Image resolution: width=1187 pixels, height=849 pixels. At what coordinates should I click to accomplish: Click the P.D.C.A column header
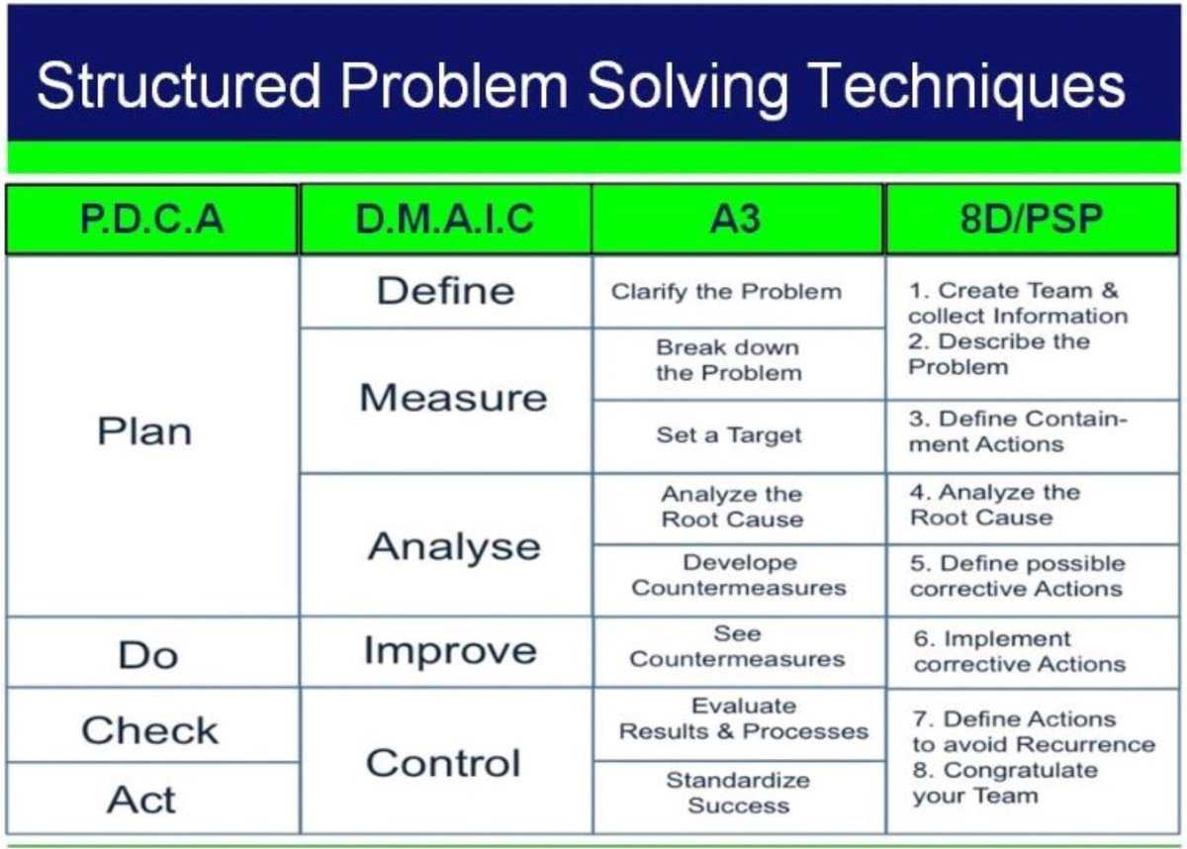coord(151,219)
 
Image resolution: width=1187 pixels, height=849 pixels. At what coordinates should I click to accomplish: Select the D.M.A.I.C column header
coord(445,219)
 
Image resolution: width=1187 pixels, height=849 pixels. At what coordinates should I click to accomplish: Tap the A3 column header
coord(737,219)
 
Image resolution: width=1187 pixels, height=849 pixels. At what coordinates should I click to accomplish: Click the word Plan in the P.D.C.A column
coord(144,432)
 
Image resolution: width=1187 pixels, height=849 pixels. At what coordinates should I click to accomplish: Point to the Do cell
coord(147,654)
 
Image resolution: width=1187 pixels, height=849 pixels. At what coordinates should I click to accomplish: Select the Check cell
coord(149,730)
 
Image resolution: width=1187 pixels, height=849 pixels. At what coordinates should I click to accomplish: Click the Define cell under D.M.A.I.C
coord(445,291)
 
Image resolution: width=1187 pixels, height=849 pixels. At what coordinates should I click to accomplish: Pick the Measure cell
coord(452,398)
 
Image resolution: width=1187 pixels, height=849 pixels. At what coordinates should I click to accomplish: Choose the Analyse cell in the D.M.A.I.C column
coord(454,546)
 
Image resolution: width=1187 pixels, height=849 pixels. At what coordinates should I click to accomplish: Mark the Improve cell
coord(450,651)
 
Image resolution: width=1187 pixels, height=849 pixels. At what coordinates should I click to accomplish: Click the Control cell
coord(443,763)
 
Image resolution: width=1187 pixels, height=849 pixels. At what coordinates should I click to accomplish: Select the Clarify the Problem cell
coord(726,292)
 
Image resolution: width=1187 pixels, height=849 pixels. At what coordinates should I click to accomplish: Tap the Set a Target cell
coord(729,435)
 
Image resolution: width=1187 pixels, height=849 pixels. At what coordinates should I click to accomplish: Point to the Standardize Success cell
coord(738,793)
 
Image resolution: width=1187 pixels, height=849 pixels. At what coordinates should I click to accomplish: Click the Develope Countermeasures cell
coord(739,575)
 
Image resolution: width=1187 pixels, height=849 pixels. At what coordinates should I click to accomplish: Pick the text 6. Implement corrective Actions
coord(1019,652)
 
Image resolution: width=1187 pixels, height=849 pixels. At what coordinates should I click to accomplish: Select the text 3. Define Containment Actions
coord(1018,431)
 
